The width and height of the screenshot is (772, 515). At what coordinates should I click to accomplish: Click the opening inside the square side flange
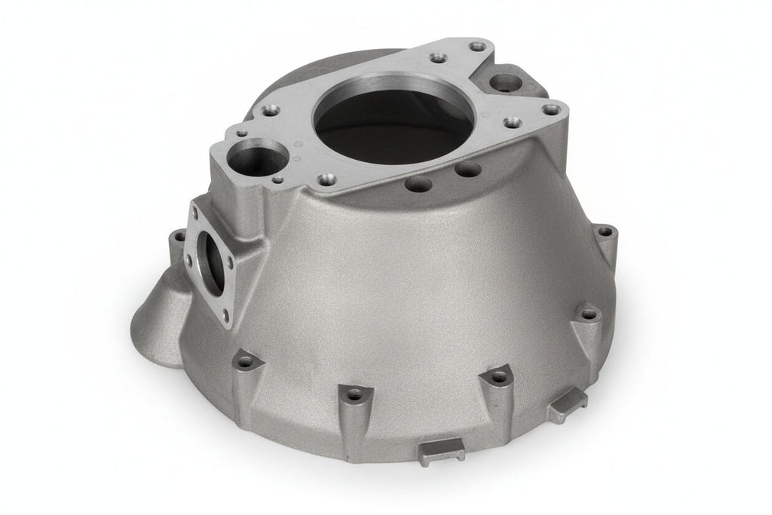pos(213,260)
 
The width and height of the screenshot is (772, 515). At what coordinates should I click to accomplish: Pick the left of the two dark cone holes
pos(420,182)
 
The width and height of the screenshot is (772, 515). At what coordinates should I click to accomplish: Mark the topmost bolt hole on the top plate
pos(476,47)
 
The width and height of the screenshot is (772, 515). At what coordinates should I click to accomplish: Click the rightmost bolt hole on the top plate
pos(553,110)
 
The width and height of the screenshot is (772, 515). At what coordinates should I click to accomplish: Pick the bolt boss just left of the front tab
pos(353,392)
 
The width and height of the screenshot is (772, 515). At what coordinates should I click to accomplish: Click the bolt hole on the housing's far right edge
pos(604,228)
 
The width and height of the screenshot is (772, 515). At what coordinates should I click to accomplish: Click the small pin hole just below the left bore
pos(279,179)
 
